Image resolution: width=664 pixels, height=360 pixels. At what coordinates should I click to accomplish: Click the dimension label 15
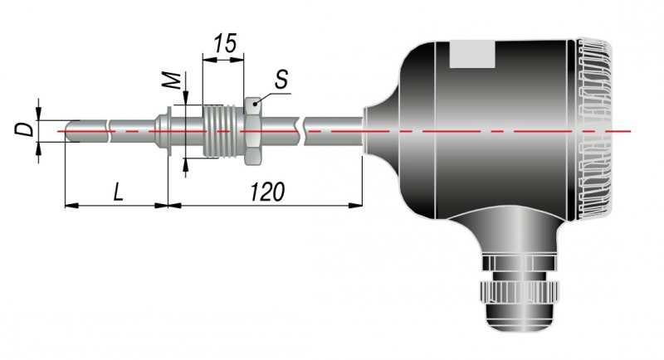[x=224, y=44]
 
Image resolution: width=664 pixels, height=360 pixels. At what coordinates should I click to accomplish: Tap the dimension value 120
[x=267, y=192]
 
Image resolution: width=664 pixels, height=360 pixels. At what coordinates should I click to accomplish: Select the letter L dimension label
[x=118, y=192]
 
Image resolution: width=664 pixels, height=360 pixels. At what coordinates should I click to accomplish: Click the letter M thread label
[x=173, y=80]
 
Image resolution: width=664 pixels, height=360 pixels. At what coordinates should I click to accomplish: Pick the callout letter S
[x=281, y=79]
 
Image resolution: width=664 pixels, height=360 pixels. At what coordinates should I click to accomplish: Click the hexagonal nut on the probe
[x=253, y=131]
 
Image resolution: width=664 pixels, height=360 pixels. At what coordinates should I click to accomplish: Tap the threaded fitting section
[x=223, y=131]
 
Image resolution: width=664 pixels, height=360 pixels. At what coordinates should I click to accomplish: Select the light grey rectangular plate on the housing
[x=472, y=54]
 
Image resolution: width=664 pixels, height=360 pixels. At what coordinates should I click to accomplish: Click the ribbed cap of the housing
[x=593, y=130]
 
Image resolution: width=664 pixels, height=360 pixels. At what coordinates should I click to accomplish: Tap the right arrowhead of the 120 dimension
[x=356, y=205]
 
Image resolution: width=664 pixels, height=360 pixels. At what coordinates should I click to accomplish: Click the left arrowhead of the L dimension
[x=72, y=205]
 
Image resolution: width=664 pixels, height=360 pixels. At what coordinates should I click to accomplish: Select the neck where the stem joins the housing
[x=379, y=131]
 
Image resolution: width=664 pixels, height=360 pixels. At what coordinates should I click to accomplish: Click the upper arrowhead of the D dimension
[x=38, y=113]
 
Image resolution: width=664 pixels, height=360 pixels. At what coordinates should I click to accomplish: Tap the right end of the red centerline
[x=631, y=131]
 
